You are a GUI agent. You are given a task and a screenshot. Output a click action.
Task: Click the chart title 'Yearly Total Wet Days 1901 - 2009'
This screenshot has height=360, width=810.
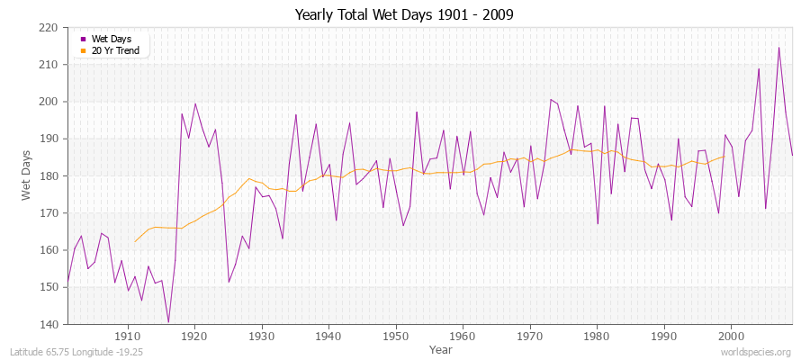pos(404,15)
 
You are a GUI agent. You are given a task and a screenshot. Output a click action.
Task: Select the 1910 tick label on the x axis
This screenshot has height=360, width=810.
pos(128,337)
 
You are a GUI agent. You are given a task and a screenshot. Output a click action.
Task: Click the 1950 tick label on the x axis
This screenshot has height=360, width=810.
pos(395,337)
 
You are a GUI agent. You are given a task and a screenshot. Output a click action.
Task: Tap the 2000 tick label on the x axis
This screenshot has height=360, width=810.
pos(730,337)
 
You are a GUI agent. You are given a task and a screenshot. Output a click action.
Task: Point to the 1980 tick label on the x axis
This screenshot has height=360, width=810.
pos(596,337)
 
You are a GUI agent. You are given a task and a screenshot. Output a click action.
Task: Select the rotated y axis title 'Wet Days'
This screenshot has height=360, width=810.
pos(26,175)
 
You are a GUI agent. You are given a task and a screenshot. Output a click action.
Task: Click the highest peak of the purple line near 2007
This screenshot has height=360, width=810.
pos(778,48)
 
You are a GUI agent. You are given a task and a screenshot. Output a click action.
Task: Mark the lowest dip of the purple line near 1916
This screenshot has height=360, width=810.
pos(168,322)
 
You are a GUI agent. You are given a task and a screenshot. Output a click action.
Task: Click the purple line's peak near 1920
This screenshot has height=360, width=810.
pos(195,103)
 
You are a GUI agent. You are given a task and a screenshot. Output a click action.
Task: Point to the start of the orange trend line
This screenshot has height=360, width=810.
pos(135,242)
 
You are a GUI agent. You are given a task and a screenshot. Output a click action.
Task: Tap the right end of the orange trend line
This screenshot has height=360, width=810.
pos(724,156)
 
